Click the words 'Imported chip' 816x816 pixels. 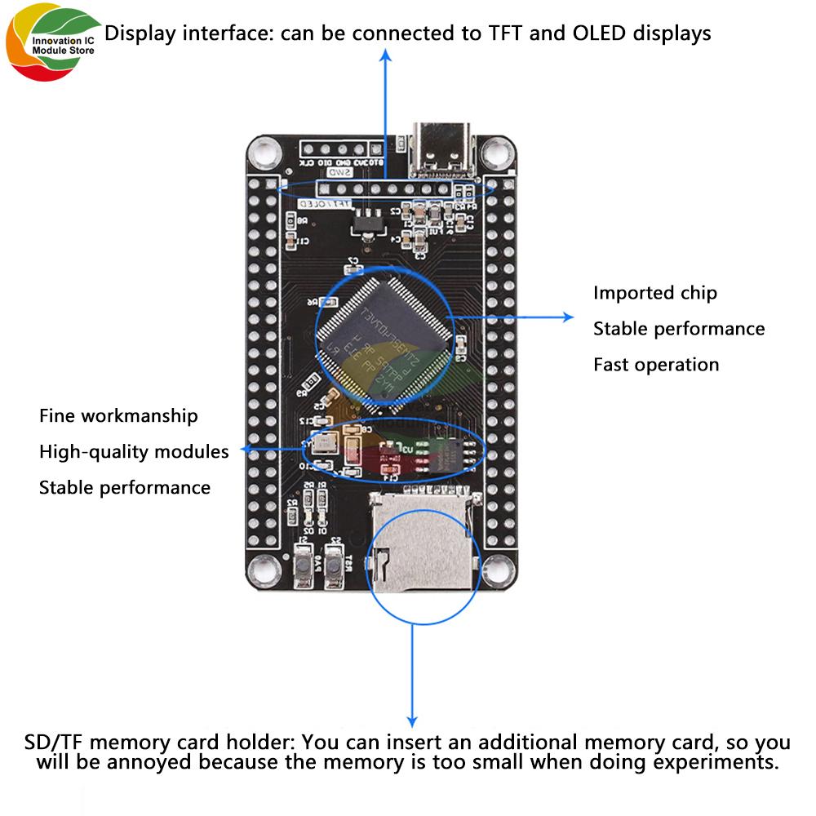coord(654,293)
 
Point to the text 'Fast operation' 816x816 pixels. coord(656,365)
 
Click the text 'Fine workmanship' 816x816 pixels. coord(118,415)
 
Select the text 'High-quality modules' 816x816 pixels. coord(134,451)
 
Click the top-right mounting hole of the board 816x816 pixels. coord(494,151)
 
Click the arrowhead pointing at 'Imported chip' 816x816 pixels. coord(569,317)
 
